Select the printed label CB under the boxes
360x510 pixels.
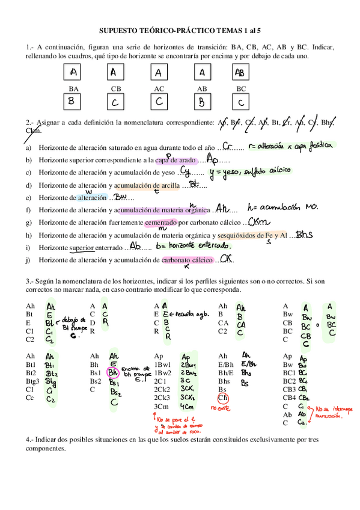click(x=116, y=88)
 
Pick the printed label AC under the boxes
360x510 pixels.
click(x=159, y=88)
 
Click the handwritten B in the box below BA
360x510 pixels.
click(x=72, y=101)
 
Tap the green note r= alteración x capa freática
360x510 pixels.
click(x=290, y=146)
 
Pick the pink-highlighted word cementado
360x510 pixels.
click(x=160, y=223)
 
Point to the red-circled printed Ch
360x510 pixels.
click(x=223, y=398)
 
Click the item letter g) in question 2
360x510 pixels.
click(x=29, y=223)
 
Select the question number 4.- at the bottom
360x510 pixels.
click(x=31, y=440)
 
